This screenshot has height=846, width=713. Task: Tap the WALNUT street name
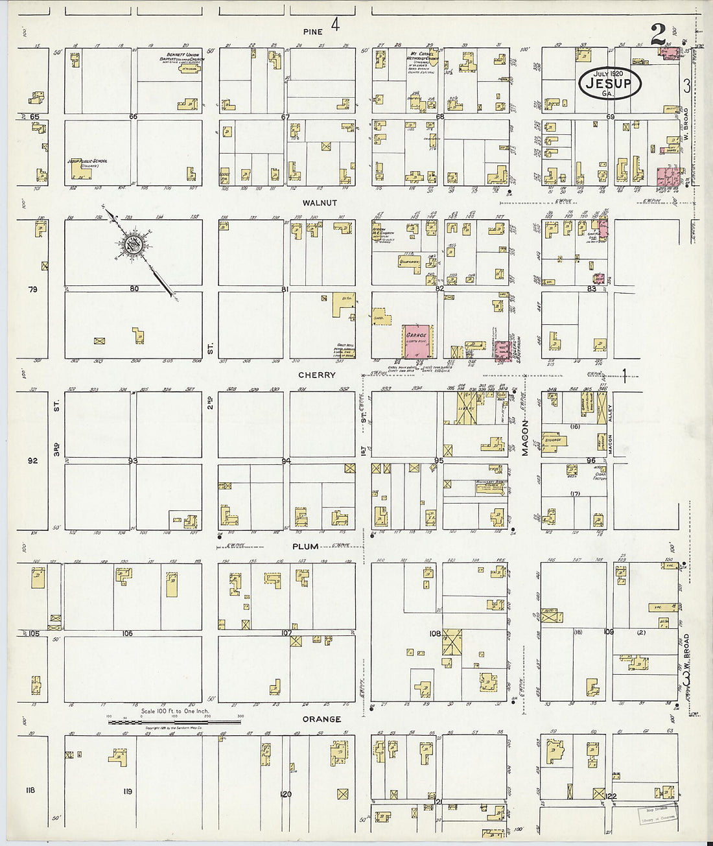pos(320,203)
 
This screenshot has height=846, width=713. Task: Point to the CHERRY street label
pos(317,375)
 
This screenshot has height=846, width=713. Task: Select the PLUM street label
pos(305,546)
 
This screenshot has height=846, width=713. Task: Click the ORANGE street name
pos(321,719)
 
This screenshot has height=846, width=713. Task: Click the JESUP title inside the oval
pos(609,82)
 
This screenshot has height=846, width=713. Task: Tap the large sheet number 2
pos(659,36)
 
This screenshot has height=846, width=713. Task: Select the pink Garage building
pos(419,341)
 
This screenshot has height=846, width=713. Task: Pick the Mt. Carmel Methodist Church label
pos(425,57)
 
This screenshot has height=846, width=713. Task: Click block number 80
pos(134,288)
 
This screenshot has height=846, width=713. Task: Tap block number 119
pos(127,792)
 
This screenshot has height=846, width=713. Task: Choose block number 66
pos(134,117)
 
